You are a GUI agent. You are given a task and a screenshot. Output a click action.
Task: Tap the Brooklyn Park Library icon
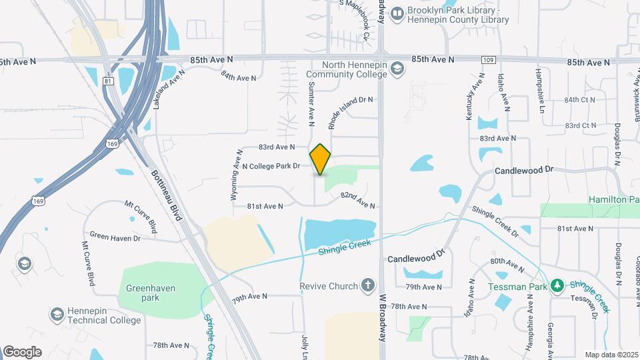397,13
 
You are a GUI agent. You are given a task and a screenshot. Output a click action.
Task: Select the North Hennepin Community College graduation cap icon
397,69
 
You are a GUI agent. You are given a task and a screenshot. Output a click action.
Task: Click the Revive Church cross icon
367,286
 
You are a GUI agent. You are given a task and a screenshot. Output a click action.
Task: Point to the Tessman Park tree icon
557,286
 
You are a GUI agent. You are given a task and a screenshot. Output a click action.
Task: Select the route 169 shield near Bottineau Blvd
113,143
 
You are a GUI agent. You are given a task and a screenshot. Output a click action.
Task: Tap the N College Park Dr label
271,166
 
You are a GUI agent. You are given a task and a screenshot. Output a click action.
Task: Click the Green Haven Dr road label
115,237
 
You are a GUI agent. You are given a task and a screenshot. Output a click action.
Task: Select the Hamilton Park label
613,199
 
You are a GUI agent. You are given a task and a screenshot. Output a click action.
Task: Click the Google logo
22,351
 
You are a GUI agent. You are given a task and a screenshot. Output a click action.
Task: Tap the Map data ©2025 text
611,355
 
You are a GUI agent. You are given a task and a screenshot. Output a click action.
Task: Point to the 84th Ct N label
580,100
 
